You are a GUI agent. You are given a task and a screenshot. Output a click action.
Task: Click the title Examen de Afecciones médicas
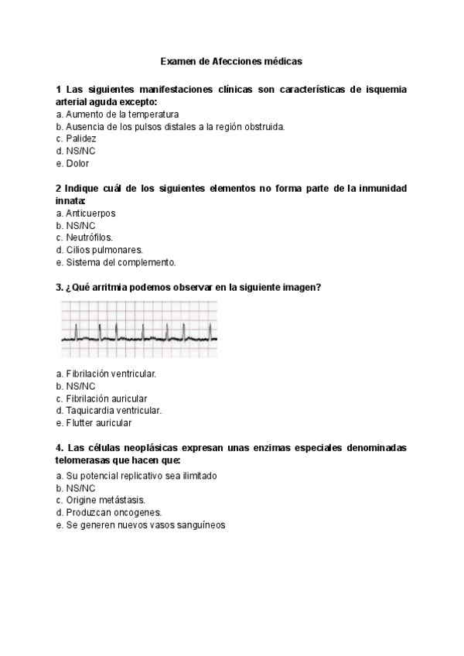pos(231,60)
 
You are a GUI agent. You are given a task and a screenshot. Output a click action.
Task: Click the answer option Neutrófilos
pos(84,237)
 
